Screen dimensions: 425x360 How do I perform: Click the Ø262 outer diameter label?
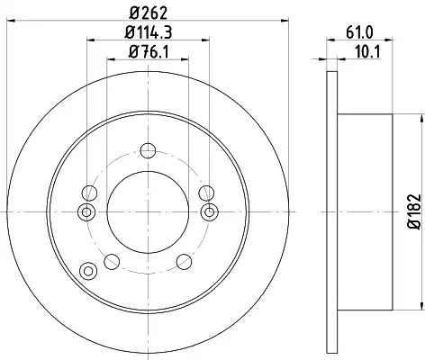tap(149, 13)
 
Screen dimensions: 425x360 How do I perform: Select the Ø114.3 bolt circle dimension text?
tap(149, 32)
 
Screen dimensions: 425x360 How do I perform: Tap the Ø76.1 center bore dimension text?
tap(149, 51)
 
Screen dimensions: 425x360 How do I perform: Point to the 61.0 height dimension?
tap(359, 32)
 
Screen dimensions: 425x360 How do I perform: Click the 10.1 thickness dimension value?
tap(367, 52)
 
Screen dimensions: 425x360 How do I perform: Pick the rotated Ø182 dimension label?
tap(414, 211)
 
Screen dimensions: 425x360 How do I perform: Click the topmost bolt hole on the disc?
tap(148, 150)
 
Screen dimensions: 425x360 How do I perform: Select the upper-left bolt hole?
tap(89, 193)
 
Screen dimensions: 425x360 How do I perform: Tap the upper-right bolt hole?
tap(206, 193)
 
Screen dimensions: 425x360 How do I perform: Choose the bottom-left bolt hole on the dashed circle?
tap(112, 262)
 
